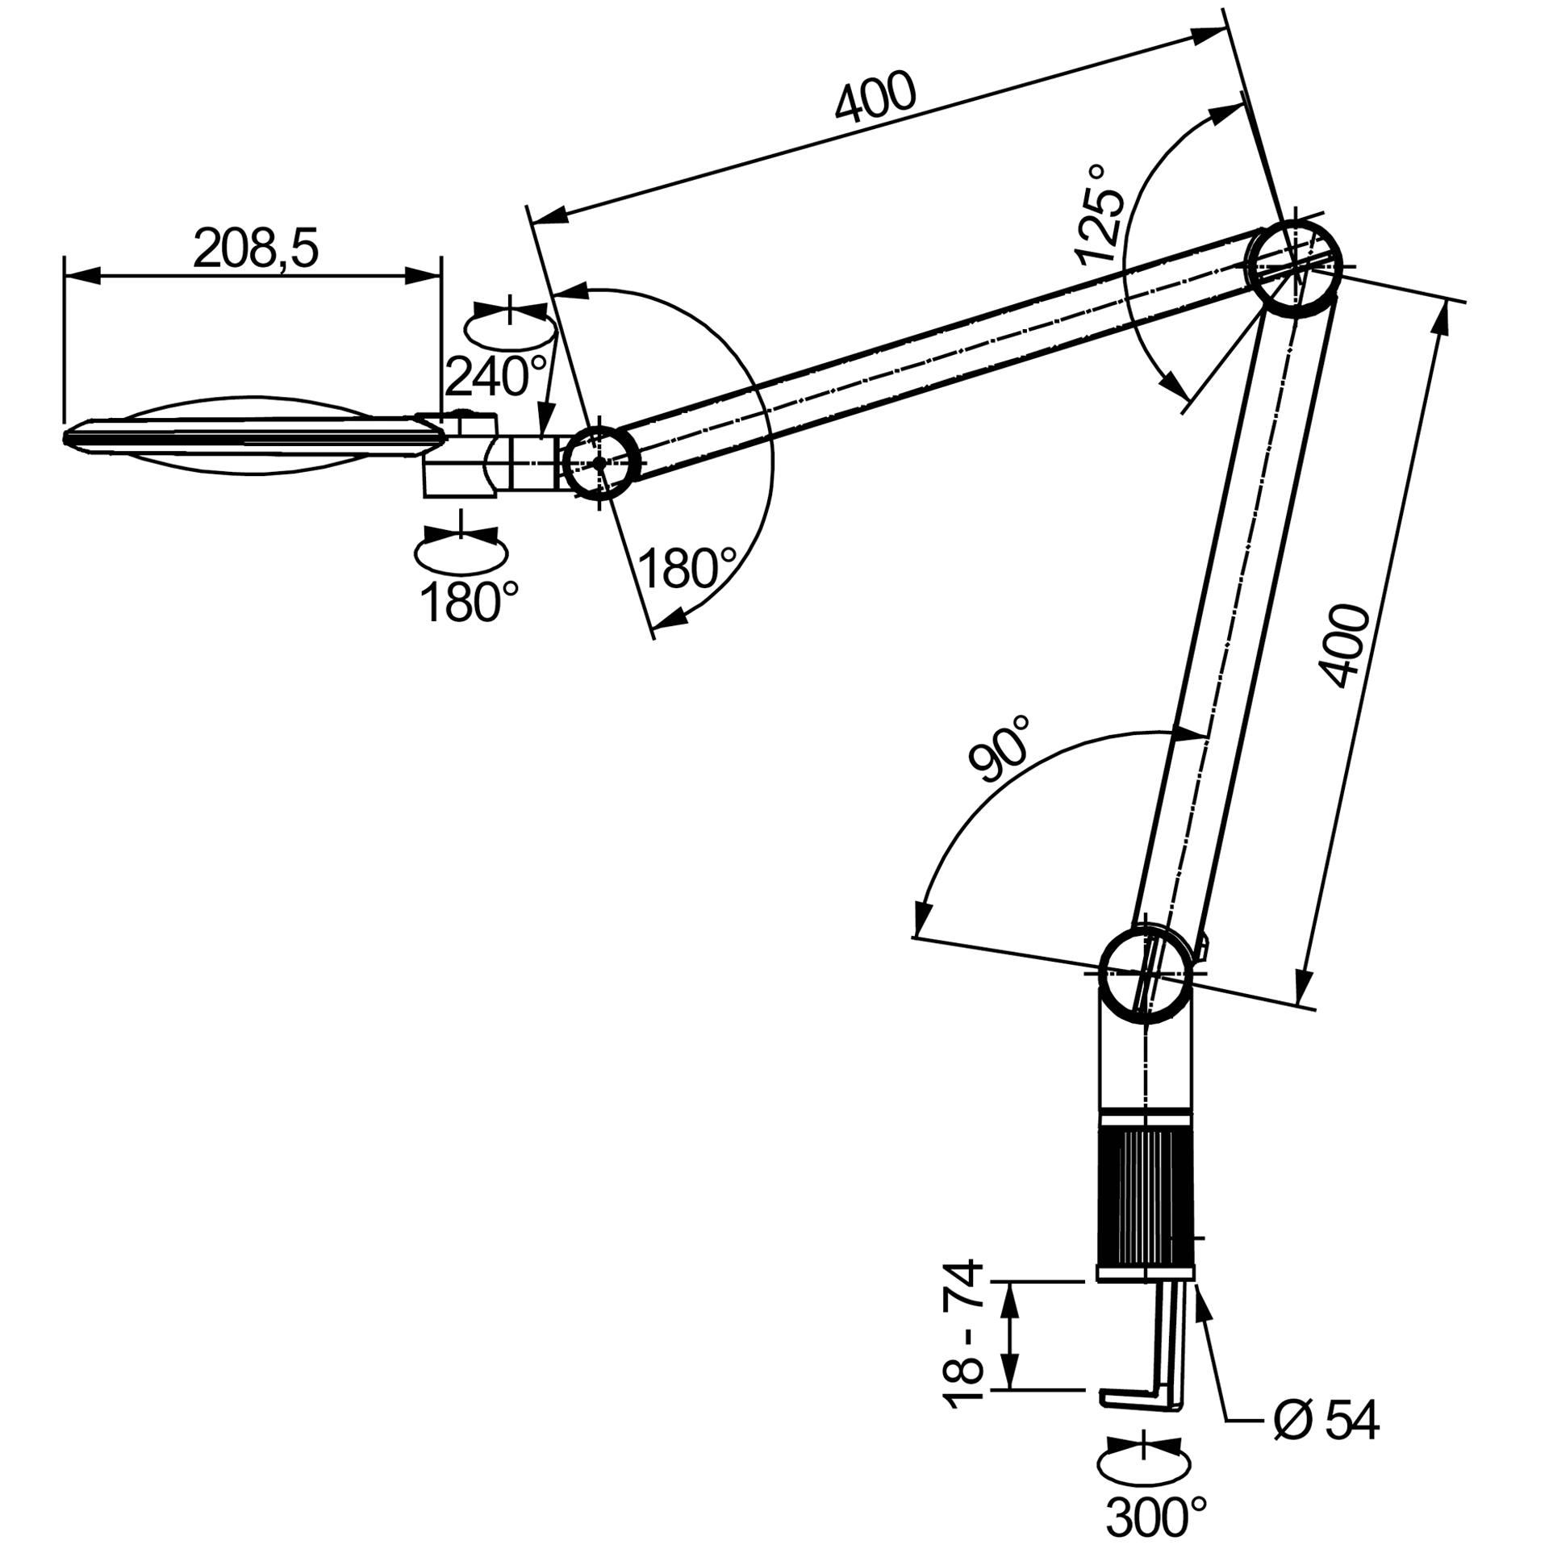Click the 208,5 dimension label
[x=256, y=248]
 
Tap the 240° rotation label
[x=495, y=375]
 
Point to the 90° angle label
[x=1000, y=749]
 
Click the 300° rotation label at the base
[x=1156, y=1517]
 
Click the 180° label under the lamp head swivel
[x=469, y=602]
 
